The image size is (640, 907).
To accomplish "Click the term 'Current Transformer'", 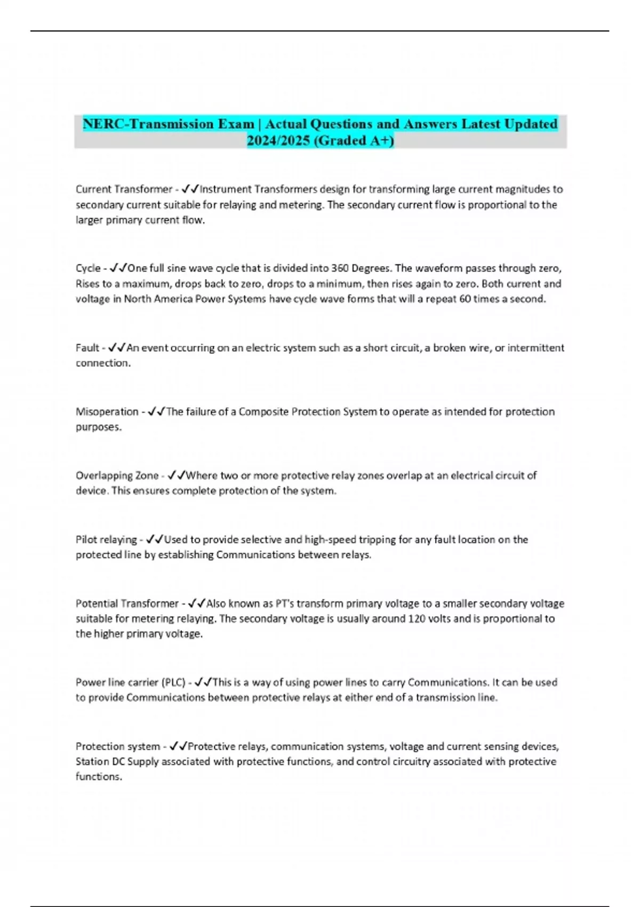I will pyautogui.click(x=124, y=189).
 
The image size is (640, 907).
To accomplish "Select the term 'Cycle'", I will pyautogui.click(x=88, y=268).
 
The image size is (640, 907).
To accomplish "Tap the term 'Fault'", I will pyautogui.click(x=87, y=348).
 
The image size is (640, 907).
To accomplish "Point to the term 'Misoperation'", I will pyautogui.click(x=107, y=412).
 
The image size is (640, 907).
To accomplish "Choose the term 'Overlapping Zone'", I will pyautogui.click(x=117, y=475).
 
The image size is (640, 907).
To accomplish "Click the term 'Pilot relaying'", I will pyautogui.click(x=106, y=539).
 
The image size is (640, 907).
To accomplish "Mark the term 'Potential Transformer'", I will pyautogui.click(x=127, y=603).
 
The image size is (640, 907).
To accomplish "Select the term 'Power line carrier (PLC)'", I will pyautogui.click(x=130, y=682).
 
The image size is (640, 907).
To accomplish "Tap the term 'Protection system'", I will pyautogui.click(x=118, y=746).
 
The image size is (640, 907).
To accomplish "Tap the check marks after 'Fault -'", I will pyautogui.click(x=117, y=348).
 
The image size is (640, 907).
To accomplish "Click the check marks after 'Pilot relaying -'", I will pyautogui.click(x=155, y=539).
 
